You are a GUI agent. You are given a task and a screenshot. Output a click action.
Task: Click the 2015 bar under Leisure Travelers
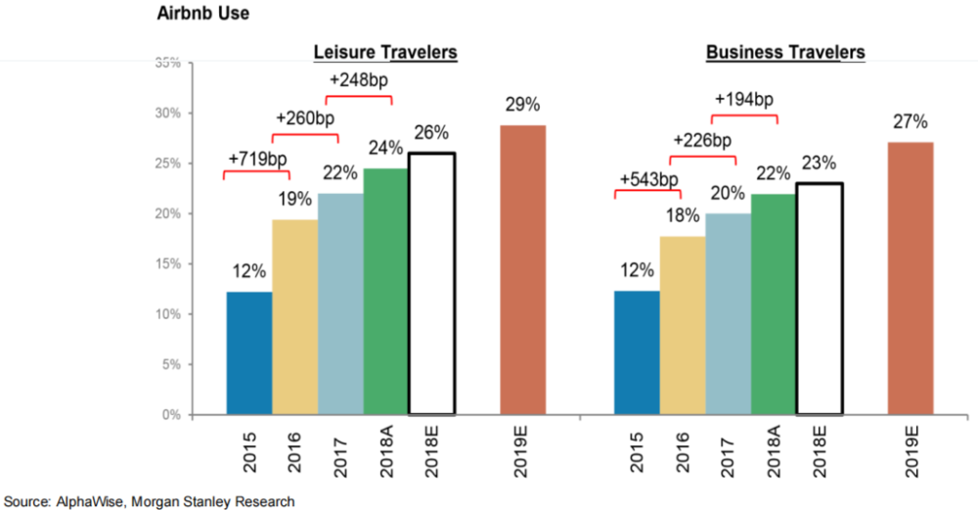coord(248,353)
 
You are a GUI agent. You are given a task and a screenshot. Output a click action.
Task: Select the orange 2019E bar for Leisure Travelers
coord(522,270)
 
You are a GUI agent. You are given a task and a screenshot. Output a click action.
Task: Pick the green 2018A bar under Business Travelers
coord(773,304)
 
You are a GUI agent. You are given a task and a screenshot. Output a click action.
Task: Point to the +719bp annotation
coord(257,159)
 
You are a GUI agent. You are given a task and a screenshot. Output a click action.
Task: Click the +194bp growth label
coord(743,99)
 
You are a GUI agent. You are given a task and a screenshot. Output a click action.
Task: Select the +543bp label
coord(647,178)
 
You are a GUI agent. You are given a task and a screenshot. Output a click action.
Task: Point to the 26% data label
coord(431,132)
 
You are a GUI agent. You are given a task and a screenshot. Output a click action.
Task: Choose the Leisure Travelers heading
coord(385,52)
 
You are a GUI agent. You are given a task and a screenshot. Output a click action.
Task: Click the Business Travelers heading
coord(785,52)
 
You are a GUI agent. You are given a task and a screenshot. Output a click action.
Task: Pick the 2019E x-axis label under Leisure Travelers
coord(523,453)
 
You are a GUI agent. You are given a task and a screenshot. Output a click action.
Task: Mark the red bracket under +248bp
coord(358,98)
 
